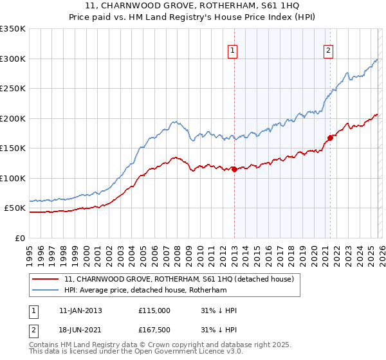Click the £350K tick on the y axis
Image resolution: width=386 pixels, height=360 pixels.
(13, 29)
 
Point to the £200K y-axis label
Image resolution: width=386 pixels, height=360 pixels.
(13, 118)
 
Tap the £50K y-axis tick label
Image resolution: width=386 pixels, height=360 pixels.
(15, 208)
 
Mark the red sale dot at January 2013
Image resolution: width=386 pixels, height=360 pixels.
(234, 169)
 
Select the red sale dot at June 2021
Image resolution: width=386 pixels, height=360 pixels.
(330, 138)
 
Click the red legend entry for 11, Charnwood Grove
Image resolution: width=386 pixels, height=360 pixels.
(179, 279)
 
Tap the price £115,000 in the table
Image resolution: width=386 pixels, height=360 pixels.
(154, 310)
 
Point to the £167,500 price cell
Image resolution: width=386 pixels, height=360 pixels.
(154, 329)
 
